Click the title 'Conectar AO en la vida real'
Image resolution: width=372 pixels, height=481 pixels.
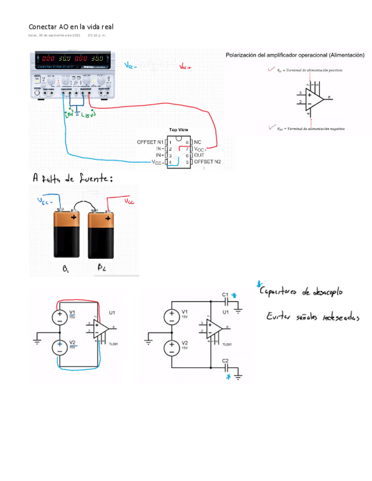click(x=71, y=27)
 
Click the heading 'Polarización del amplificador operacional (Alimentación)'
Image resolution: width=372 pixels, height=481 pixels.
click(x=295, y=55)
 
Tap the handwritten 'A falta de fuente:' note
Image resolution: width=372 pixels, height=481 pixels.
click(x=73, y=179)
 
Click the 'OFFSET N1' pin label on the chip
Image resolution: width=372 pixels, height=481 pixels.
click(x=151, y=141)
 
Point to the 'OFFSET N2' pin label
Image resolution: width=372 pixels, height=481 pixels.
click(x=207, y=162)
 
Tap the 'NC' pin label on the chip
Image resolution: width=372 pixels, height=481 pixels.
click(x=198, y=141)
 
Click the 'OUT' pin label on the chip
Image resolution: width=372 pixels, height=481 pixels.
click(x=199, y=155)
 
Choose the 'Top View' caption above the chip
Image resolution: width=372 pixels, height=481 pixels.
click(x=179, y=130)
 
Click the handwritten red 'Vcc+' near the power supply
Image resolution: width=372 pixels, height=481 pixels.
click(x=185, y=67)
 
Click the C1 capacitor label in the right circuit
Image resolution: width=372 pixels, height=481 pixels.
click(x=225, y=295)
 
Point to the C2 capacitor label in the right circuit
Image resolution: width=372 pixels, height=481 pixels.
click(x=225, y=361)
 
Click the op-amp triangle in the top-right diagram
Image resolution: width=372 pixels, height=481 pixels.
click(x=314, y=99)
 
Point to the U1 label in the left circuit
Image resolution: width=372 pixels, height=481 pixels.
click(x=112, y=312)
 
